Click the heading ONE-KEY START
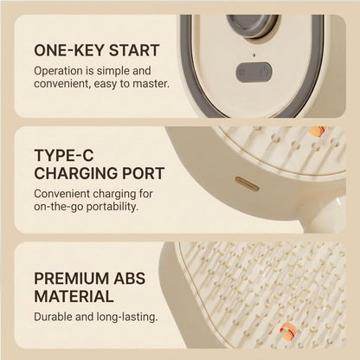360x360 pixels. [x=97, y=50]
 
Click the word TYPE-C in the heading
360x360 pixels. [x=64, y=155]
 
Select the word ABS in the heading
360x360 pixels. [x=129, y=279]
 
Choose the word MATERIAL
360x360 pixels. [x=74, y=297]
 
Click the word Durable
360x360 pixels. [x=53, y=317]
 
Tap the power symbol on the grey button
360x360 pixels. [x=264, y=72]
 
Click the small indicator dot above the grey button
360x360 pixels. [x=254, y=55]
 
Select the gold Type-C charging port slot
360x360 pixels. [x=247, y=183]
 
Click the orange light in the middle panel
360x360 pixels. [x=317, y=132]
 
